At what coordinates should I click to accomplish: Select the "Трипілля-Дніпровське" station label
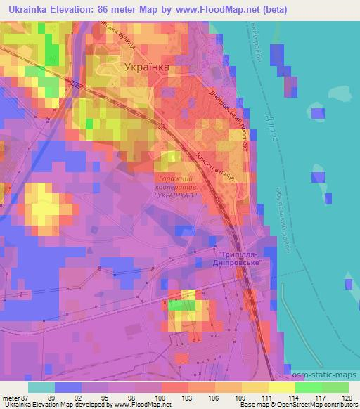point(243,258)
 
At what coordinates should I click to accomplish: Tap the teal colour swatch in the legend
point(41,386)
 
